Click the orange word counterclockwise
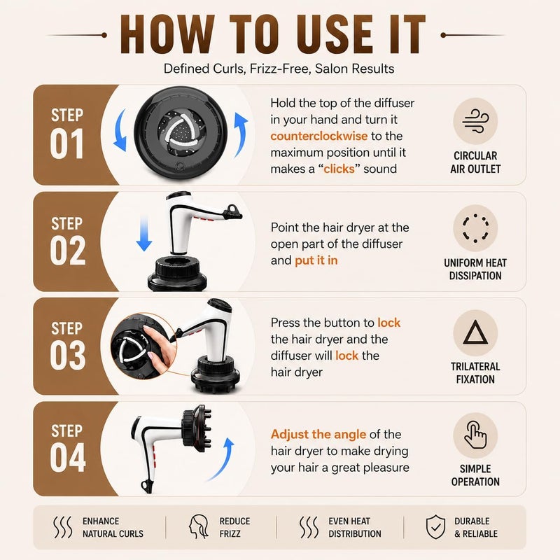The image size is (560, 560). (319, 136)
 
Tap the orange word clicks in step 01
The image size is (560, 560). (339, 169)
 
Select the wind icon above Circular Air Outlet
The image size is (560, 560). (475, 121)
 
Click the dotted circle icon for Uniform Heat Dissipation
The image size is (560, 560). (475, 228)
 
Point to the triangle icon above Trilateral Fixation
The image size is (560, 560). (475, 332)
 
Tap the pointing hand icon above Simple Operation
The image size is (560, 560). (475, 435)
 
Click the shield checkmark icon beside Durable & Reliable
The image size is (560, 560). (435, 527)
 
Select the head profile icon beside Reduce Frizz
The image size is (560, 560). (199, 527)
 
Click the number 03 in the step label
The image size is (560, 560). (68, 355)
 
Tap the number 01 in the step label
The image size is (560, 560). (66, 143)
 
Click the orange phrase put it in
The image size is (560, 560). (316, 260)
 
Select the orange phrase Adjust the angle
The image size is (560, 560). (318, 434)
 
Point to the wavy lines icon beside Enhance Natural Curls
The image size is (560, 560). (62, 527)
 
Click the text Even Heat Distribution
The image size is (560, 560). (355, 527)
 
